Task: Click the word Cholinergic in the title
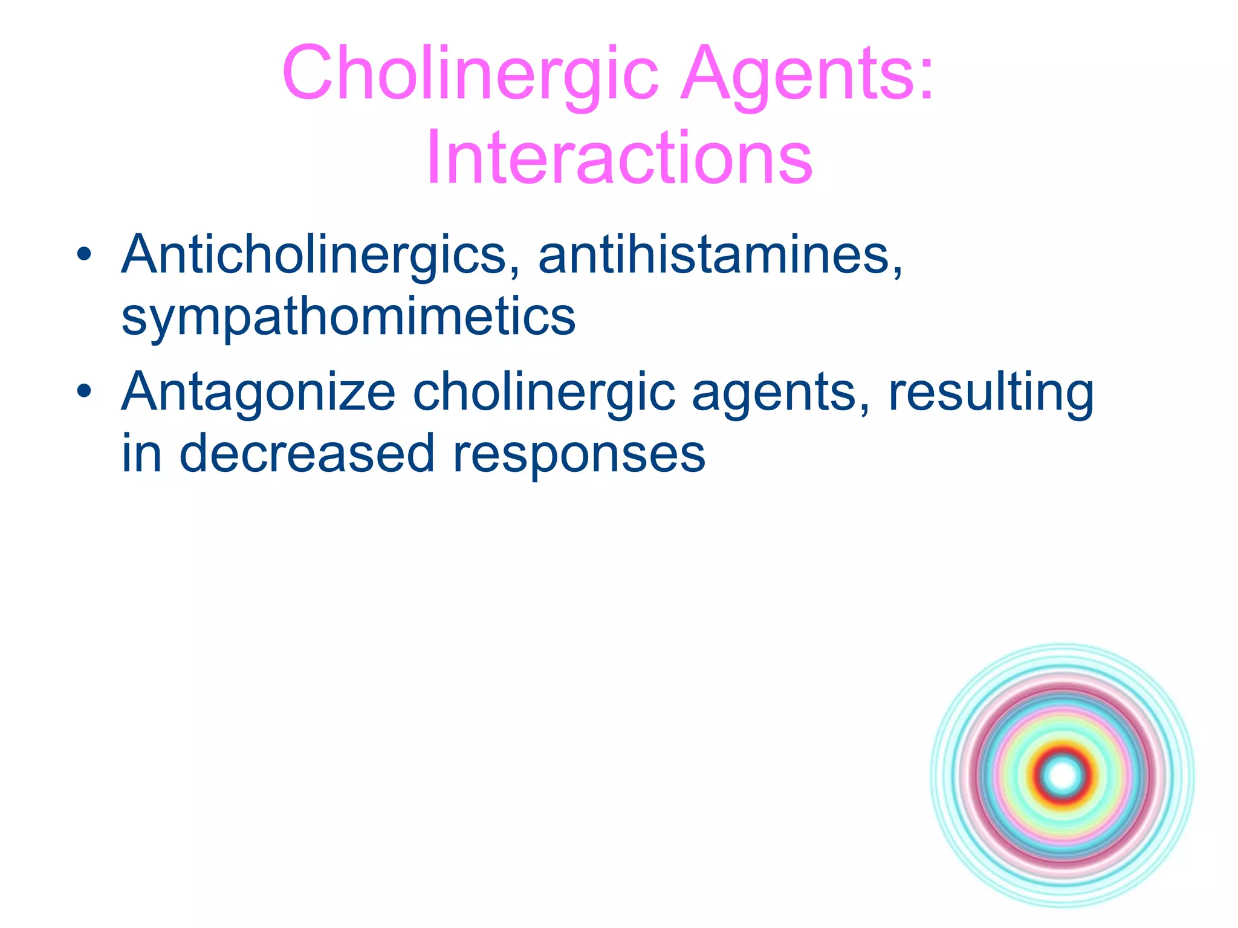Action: [x=470, y=74]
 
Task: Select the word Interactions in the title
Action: [x=619, y=158]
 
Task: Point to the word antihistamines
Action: [x=713, y=255]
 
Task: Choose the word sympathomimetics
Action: [x=348, y=317]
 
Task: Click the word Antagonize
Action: [x=259, y=393]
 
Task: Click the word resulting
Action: [x=990, y=393]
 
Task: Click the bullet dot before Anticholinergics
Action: [x=84, y=254]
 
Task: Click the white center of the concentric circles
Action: [x=1063, y=776]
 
